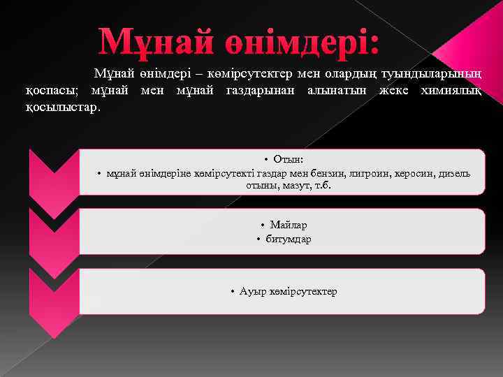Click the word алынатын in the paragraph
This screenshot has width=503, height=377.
click(341, 91)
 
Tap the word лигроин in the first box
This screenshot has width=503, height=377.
click(374, 173)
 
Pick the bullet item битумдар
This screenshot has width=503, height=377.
click(288, 239)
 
